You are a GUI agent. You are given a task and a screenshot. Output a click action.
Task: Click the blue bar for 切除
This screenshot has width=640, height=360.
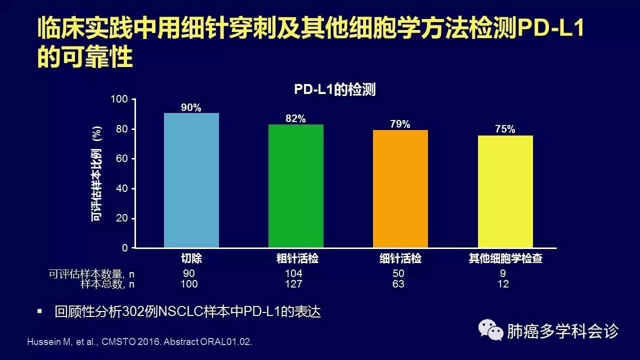pyautogui.click(x=191, y=180)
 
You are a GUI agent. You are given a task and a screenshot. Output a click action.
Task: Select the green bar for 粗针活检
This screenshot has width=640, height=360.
pyautogui.click(x=296, y=186)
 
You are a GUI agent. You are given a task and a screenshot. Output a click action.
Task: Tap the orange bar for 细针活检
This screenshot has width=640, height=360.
pyautogui.click(x=400, y=189)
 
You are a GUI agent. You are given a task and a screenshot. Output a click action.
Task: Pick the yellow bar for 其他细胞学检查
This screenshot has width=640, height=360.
pyautogui.click(x=505, y=191)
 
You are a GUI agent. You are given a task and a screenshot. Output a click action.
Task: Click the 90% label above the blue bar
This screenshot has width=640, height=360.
pyautogui.click(x=191, y=107)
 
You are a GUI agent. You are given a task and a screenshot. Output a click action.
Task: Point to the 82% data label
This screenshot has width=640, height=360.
pyautogui.click(x=295, y=118)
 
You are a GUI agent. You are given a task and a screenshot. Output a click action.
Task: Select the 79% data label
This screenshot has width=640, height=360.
pyautogui.click(x=400, y=124)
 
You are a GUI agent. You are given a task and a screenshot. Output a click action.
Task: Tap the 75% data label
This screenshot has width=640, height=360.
pyautogui.click(x=505, y=129)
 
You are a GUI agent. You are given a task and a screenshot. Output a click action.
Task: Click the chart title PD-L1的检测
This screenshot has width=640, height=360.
pyautogui.click(x=334, y=90)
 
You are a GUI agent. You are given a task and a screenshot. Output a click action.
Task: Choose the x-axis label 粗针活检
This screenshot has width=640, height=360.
pyautogui.click(x=297, y=259)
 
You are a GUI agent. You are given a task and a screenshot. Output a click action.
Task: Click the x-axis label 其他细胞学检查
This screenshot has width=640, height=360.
pyautogui.click(x=505, y=259)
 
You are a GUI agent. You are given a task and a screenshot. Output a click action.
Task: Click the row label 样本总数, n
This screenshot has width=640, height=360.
pyautogui.click(x=107, y=284)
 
